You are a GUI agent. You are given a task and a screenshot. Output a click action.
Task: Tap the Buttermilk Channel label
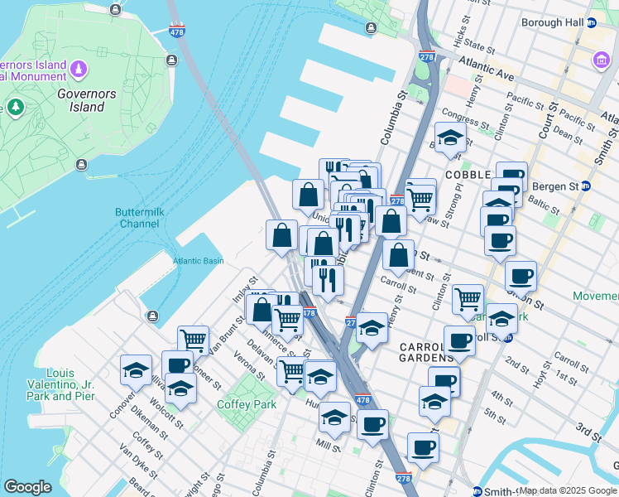tap(137, 218)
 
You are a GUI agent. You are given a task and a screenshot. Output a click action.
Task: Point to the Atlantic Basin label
tap(198, 261)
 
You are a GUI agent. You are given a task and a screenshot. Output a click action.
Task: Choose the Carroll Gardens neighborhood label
tap(425, 352)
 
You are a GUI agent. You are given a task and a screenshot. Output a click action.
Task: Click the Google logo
tap(27, 486)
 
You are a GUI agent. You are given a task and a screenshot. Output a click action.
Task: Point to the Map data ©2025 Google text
tap(568, 490)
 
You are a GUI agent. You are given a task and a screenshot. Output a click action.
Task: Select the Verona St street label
tap(249, 365)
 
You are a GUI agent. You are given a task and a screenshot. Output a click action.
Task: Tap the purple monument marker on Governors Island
tap(79, 67)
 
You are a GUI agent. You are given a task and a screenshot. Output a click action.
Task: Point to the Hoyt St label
tap(542, 376)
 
